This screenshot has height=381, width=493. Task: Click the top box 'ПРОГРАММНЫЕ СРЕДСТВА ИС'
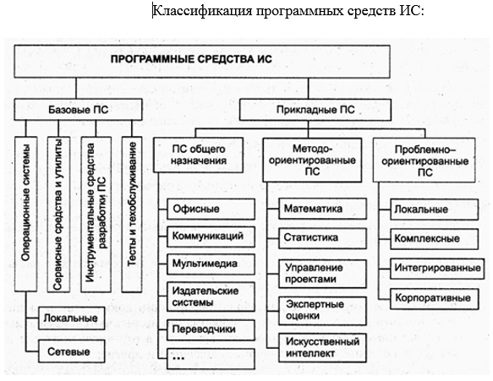[x=202, y=62]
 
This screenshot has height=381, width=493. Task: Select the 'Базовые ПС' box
[x=78, y=110]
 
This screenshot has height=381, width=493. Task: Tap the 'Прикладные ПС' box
[x=315, y=110]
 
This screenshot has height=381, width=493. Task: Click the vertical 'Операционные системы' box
[x=25, y=215]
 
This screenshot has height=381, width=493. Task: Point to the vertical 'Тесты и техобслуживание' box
[x=132, y=215]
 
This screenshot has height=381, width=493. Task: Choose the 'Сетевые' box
[x=71, y=351]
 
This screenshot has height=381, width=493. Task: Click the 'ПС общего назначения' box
[x=199, y=155]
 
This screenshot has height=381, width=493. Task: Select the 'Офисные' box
[x=211, y=209]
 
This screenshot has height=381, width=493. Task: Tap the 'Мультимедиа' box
[x=211, y=264]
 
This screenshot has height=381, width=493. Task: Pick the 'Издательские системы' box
[x=211, y=297]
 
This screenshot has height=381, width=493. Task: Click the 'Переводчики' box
[x=211, y=329]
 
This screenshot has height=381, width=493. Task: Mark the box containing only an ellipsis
[x=211, y=358]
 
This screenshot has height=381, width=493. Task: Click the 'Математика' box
[x=322, y=209]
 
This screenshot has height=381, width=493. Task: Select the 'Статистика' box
[x=322, y=238]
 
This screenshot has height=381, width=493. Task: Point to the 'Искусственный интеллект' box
[x=322, y=348]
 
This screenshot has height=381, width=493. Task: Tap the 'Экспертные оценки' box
[x=322, y=311]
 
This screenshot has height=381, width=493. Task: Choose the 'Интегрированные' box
[x=437, y=269]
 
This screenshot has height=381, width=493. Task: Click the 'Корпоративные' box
[x=435, y=299]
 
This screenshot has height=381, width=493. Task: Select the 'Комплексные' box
[x=435, y=239]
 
